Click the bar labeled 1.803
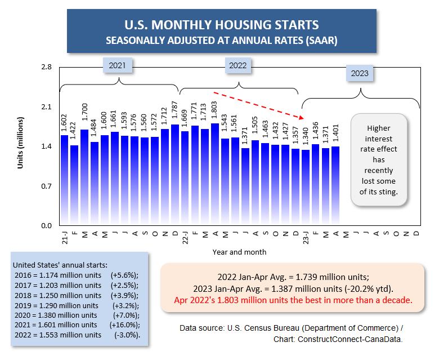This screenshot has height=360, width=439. click(215, 175)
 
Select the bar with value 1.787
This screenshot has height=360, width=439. click(175, 175)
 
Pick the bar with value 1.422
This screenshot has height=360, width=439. click(74, 185)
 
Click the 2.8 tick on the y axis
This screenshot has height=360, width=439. click(47, 68)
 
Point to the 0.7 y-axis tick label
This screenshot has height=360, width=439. click(47, 186)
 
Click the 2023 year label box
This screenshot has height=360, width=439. click(360, 73)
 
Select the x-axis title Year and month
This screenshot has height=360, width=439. click(240, 252)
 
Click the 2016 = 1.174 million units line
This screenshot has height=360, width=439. click(56, 275)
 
